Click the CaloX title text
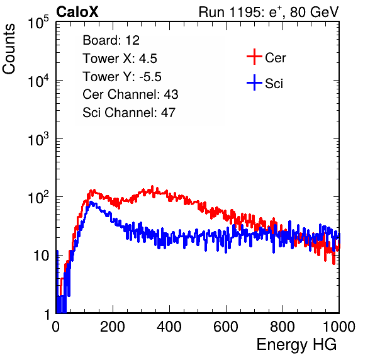(x=77, y=12)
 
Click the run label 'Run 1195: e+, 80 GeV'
(x=269, y=12)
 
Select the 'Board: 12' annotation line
(x=111, y=40)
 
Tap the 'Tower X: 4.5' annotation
(x=120, y=59)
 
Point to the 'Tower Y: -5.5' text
(x=122, y=77)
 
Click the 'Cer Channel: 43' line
(x=130, y=94)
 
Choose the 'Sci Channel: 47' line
(x=129, y=113)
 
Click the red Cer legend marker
(x=254, y=57)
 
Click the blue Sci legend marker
(x=254, y=82)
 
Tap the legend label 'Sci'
(x=274, y=84)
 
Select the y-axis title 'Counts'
(x=9, y=49)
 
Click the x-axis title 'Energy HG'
(x=296, y=345)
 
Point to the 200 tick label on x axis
(x=113, y=327)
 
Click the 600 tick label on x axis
(x=226, y=327)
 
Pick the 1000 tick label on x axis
(x=339, y=327)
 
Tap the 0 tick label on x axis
(x=56, y=327)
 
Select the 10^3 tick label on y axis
(x=38, y=140)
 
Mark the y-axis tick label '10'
(x=41, y=256)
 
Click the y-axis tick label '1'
(x=47, y=315)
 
